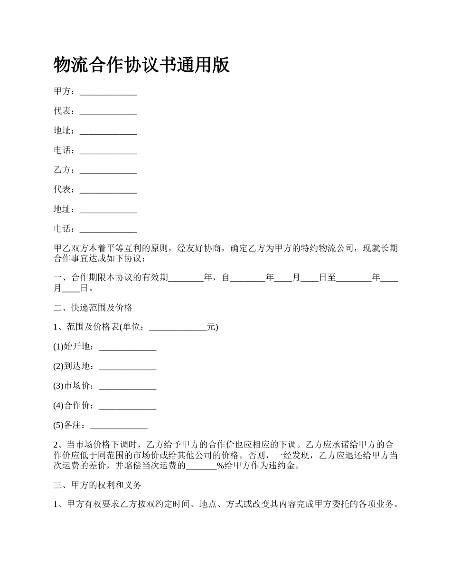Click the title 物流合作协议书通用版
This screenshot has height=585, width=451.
(x=141, y=65)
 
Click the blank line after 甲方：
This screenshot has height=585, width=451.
(x=108, y=92)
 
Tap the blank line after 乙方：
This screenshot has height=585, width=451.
(x=108, y=170)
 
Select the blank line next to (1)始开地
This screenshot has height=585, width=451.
(x=127, y=347)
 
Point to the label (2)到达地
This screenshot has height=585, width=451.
(x=74, y=367)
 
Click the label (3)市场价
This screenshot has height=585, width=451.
(x=74, y=386)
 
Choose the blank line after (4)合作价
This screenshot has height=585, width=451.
(x=127, y=406)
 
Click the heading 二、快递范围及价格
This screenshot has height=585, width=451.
(x=93, y=308)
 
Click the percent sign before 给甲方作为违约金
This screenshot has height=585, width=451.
(x=220, y=466)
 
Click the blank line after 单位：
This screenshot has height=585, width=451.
(x=178, y=328)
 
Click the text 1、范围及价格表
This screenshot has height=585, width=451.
(x=85, y=328)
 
